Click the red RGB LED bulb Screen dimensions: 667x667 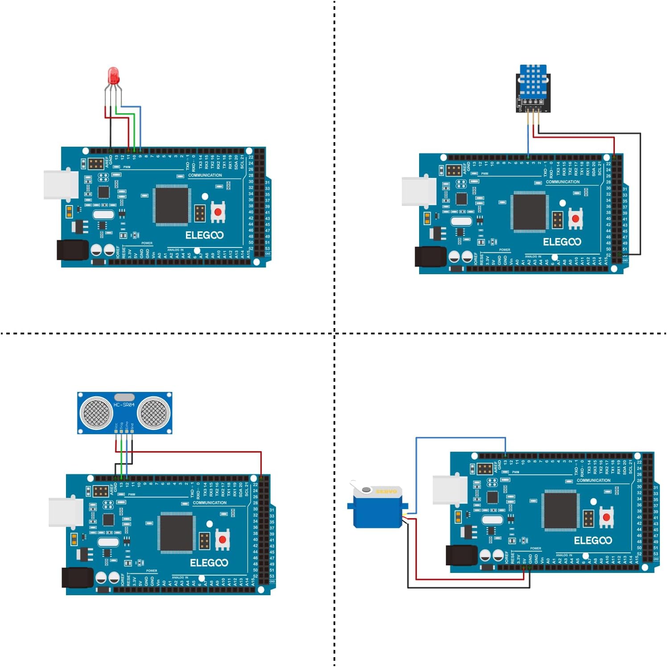tap(114, 75)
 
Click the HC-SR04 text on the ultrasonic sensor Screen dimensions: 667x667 tap(124, 405)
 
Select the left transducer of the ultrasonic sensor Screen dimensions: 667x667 tap(96, 412)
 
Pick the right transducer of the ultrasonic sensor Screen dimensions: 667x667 tap(154, 412)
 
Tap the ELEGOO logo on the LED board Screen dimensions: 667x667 tap(204, 235)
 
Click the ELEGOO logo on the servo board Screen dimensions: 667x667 tap(593, 540)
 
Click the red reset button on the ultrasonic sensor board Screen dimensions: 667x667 tap(222, 540)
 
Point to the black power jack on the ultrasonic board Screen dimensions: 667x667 tap(77, 577)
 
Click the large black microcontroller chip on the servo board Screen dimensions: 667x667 tap(560, 512)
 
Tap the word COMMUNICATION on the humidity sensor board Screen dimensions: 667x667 tap(563, 182)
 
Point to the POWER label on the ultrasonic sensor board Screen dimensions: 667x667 tap(152, 571)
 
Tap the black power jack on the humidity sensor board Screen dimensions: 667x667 tap(430, 257)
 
